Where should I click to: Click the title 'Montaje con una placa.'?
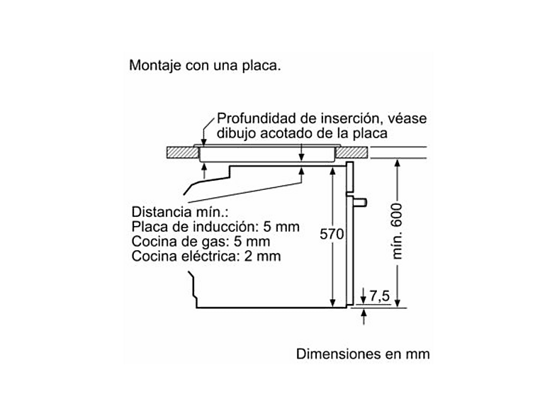pos(205,66)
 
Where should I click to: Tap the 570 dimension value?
pos(332,234)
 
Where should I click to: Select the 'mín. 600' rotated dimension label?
pos(397,231)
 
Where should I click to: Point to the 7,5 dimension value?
pos(379,296)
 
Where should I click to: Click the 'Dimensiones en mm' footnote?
pos(363,354)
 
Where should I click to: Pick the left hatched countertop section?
pos(182,152)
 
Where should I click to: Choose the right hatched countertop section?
pos(351,152)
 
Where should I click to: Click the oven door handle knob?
pos(360,202)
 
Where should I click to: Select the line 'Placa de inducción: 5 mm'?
pos(215,227)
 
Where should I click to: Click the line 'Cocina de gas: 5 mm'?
pos(201,242)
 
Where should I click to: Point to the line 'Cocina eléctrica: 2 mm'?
pos(206,256)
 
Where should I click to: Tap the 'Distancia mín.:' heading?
pos(180,212)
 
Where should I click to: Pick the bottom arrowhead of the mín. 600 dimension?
pos(398,303)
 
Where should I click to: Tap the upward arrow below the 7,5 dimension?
pos(364,317)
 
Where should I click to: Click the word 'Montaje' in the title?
pos(155,66)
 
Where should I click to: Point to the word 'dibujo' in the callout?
pos(236,133)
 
